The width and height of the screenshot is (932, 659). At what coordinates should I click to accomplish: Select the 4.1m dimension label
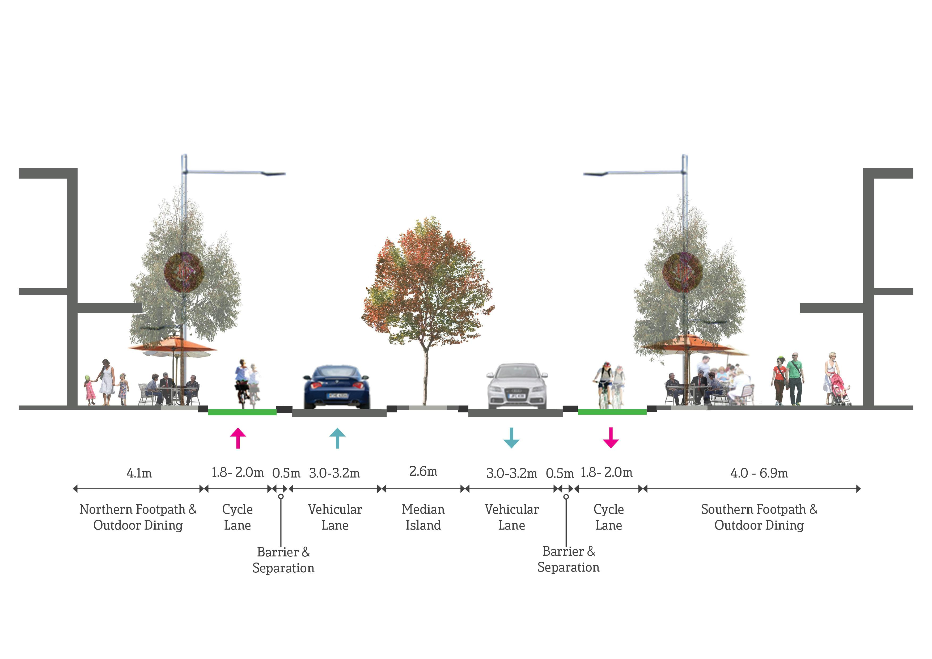pyautogui.click(x=139, y=473)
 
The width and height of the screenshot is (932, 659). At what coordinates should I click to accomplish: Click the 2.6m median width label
pyautogui.click(x=423, y=471)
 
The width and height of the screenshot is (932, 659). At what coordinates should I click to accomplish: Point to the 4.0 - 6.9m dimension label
pyautogui.click(x=759, y=473)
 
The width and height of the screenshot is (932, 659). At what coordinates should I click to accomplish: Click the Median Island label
pyautogui.click(x=423, y=517)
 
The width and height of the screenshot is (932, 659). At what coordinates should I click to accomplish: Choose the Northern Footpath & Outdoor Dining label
pyautogui.click(x=138, y=517)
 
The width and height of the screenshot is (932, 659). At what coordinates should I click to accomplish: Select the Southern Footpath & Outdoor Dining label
pyautogui.click(x=759, y=517)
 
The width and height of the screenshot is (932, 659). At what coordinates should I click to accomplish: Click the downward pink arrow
pyautogui.click(x=611, y=438)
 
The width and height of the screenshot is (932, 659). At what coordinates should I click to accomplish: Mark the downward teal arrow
pyautogui.click(x=511, y=438)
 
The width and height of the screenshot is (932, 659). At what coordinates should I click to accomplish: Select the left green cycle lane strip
pyautogui.click(x=242, y=412)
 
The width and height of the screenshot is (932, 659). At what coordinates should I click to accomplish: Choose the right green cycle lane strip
pyautogui.click(x=612, y=412)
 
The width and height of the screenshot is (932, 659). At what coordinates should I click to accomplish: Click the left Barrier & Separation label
pyautogui.click(x=283, y=560)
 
